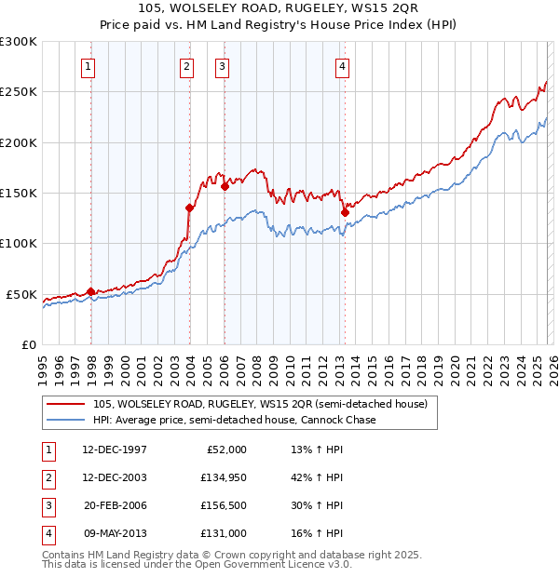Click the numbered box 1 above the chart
87,66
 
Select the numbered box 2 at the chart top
186,66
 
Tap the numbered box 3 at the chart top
223,66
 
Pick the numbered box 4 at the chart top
343,66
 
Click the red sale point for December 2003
190,208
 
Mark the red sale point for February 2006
225,186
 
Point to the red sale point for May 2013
345,212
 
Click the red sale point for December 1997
91,291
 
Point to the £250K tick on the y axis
20,92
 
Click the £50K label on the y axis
23,294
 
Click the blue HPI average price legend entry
234,420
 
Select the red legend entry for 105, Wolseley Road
260,404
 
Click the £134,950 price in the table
223,477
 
